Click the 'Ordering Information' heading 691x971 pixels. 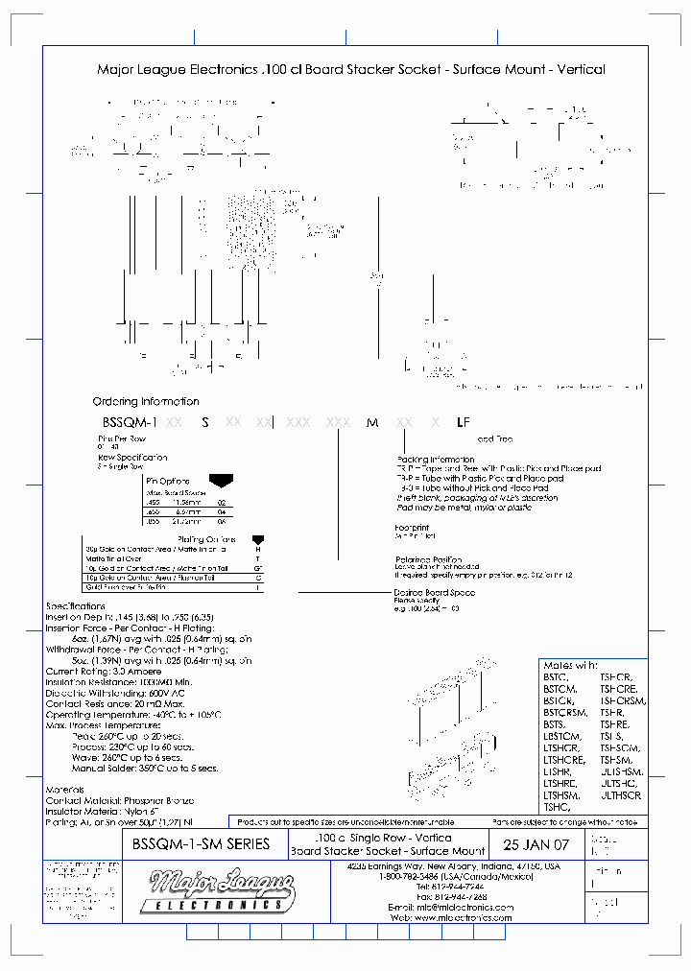click(146, 401)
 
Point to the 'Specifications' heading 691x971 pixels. click(76, 607)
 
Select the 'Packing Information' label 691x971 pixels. click(435, 460)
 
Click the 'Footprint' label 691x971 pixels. click(412, 527)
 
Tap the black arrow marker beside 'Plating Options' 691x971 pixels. click(257, 540)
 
